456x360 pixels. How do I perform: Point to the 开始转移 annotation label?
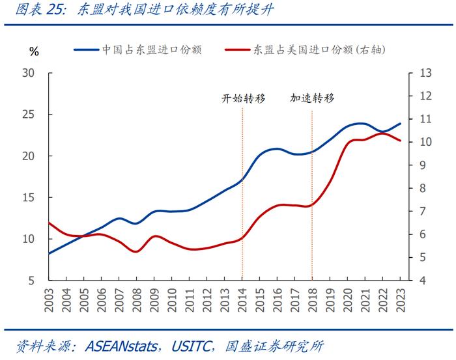(x=243, y=99)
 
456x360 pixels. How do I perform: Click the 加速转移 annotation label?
(x=312, y=99)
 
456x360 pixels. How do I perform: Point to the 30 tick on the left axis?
(x=28, y=73)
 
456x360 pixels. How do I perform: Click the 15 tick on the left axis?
(x=28, y=198)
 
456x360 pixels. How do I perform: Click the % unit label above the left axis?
(x=34, y=51)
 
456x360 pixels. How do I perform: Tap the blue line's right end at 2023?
(x=400, y=124)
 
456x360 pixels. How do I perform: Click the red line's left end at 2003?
(x=49, y=223)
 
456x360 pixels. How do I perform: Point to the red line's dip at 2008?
(x=136, y=251)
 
